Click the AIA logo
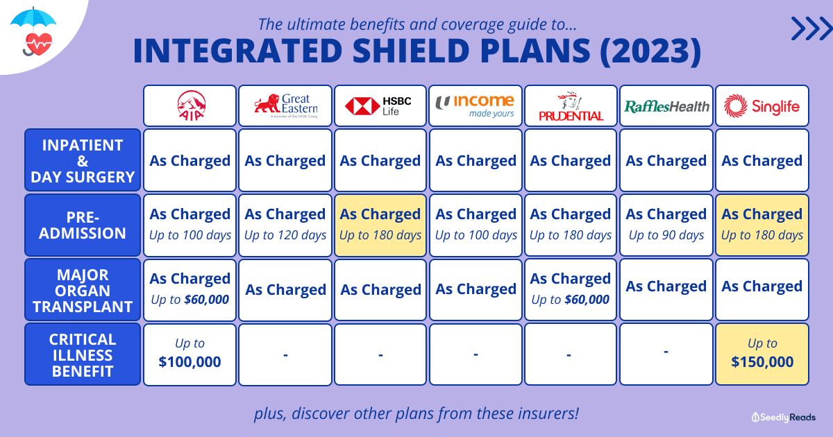[191, 105]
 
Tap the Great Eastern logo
[285, 105]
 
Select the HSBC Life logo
[378, 106]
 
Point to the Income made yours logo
[475, 106]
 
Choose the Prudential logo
[571, 106]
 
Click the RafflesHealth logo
[666, 107]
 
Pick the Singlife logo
[762, 106]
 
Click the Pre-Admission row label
[83, 225]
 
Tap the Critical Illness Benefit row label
[83, 354]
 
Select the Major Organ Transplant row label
[83, 290]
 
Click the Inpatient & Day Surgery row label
[83, 160]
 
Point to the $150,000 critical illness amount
[762, 361]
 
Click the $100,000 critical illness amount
[190, 361]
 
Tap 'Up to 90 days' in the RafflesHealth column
[666, 235]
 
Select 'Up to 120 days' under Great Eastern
[285, 235]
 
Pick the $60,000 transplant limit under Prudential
[587, 300]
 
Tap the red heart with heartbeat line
[39, 44]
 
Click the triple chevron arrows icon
[811, 28]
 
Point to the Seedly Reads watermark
[784, 418]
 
